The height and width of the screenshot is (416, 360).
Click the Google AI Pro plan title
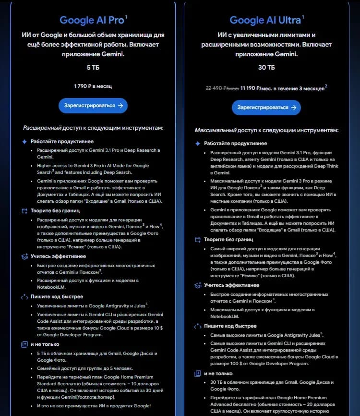(x=92, y=20)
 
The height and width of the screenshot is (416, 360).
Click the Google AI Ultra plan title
(x=265, y=20)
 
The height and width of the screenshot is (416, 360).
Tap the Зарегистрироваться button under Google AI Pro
(x=93, y=106)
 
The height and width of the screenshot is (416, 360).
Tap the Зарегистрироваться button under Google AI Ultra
(x=266, y=108)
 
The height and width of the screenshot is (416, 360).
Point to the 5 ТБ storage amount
(x=93, y=67)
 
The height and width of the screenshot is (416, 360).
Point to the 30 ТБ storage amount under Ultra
(x=266, y=67)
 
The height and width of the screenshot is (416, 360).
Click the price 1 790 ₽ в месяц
(x=93, y=86)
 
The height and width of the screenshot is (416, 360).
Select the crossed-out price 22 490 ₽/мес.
(x=223, y=88)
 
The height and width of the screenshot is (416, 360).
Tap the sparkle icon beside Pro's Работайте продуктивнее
(x=24, y=142)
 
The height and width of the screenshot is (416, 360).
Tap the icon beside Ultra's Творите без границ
(x=197, y=239)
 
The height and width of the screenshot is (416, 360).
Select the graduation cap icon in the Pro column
(x=24, y=257)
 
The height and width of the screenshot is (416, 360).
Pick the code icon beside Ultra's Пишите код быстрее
(x=197, y=326)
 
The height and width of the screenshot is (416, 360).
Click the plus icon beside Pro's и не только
(x=24, y=344)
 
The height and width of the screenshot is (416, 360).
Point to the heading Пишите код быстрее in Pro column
(x=57, y=297)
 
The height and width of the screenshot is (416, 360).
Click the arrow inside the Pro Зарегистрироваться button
(x=120, y=106)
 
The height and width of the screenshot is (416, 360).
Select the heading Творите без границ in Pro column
(x=55, y=210)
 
